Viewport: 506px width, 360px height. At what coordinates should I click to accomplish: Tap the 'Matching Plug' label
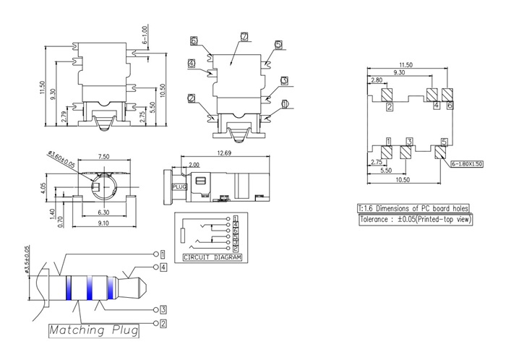point(94,331)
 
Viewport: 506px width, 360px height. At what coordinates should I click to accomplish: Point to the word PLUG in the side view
point(179,186)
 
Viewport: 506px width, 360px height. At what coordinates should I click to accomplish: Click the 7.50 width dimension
point(104,155)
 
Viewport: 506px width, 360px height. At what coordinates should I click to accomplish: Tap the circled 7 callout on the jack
point(244,36)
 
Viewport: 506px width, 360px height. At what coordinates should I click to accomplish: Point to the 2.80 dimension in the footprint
point(377,80)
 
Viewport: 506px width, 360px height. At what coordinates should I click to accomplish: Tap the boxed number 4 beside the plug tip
point(164,267)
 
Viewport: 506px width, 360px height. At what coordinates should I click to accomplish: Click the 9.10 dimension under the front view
point(104,223)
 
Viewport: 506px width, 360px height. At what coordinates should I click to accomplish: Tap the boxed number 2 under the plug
point(163,322)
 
